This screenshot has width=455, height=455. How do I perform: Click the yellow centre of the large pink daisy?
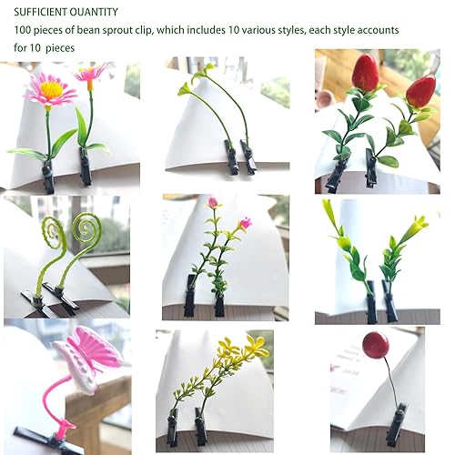(x=50, y=89)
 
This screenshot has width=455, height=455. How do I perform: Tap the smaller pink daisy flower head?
(x=92, y=74)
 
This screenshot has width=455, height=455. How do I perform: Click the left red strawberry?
(x=365, y=74)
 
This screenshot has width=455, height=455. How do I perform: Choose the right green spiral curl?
(x=86, y=227)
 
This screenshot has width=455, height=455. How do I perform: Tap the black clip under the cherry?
(x=395, y=427)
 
